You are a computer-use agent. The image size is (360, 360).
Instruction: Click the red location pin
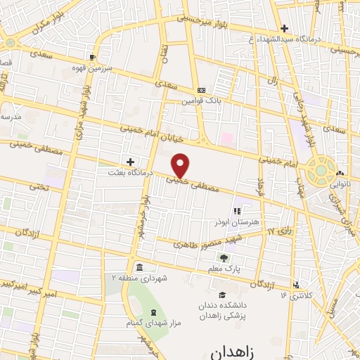click(x=181, y=165)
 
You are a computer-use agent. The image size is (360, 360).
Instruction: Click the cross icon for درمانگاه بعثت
click(x=129, y=162)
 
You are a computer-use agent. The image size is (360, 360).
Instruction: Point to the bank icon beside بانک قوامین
click(x=202, y=90)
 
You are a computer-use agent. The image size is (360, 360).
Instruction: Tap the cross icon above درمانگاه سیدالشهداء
click(x=283, y=29)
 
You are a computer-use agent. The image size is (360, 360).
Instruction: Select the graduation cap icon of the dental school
click(x=222, y=295)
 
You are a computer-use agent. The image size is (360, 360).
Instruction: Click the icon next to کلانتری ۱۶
click(x=296, y=285)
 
